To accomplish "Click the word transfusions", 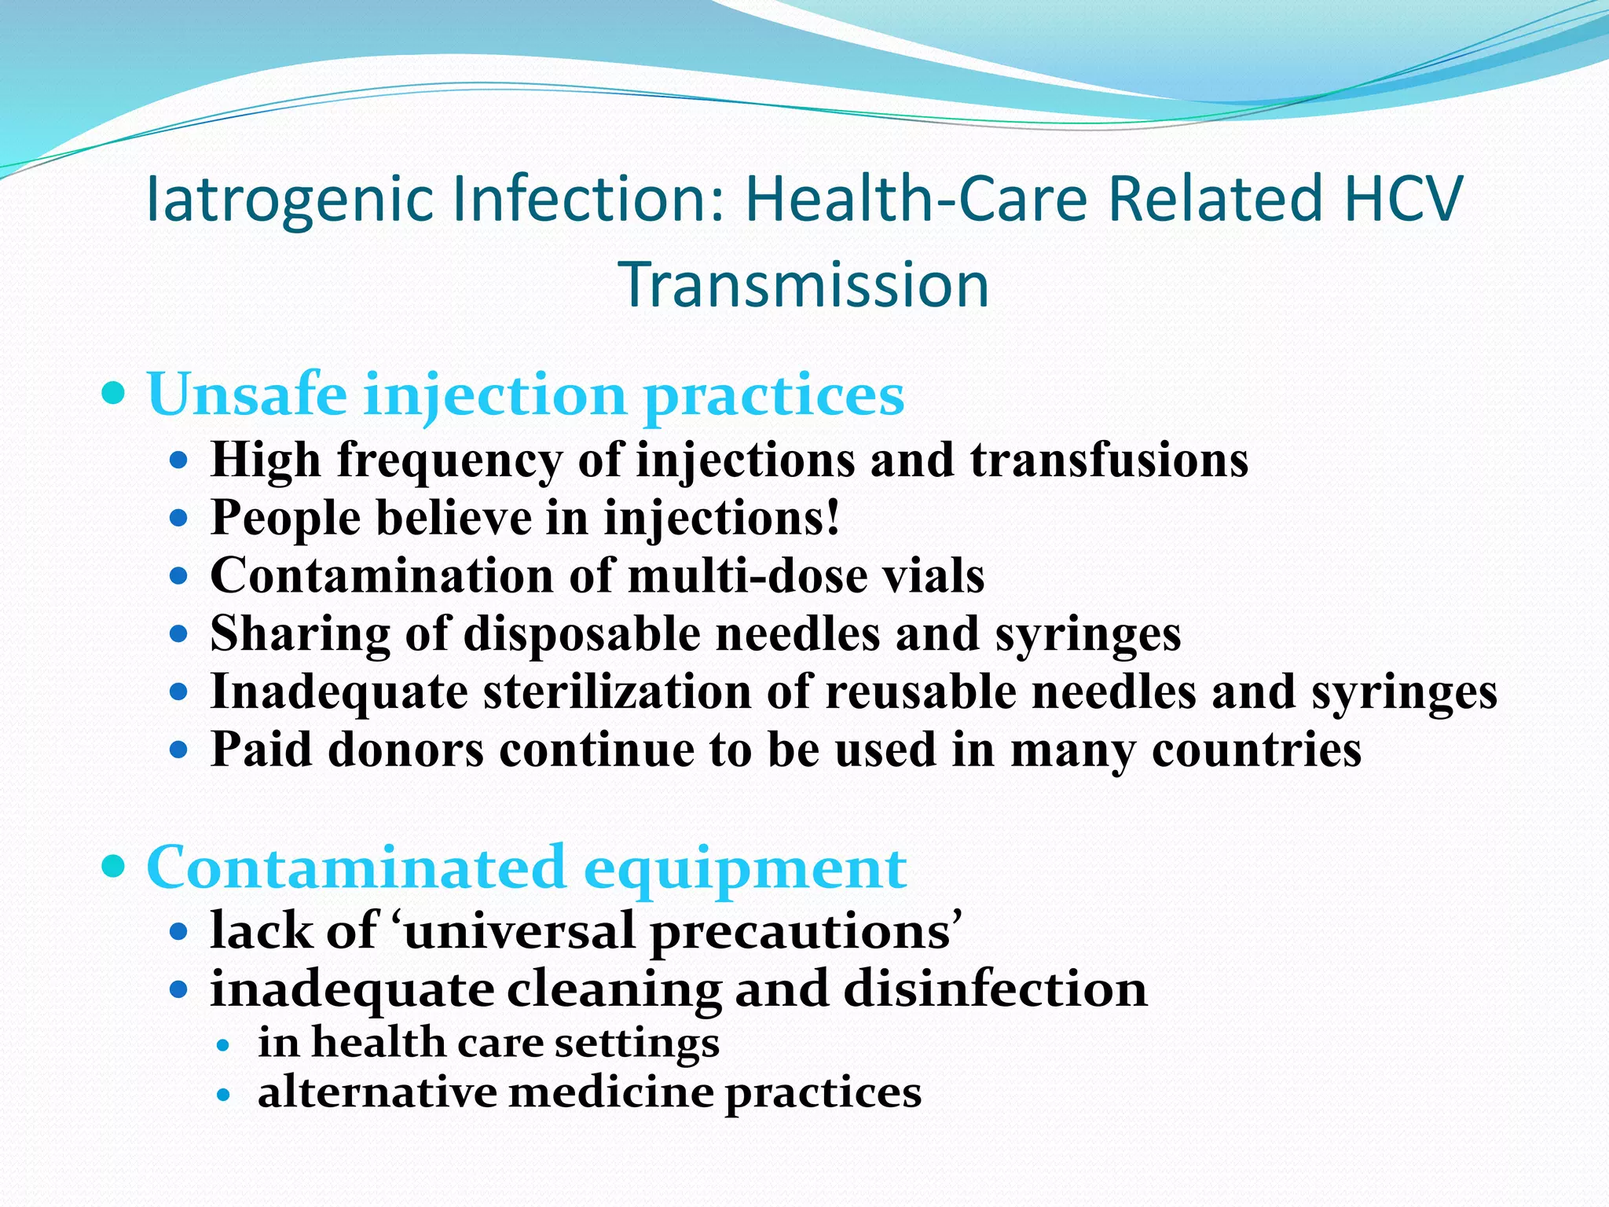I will pos(1109,460).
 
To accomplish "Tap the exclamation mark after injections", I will pos(833,517).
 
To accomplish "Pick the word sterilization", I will pos(617,692).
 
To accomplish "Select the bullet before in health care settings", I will pos(225,1045).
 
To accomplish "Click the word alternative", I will pos(378,1093).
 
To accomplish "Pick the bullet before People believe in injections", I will pos(179,519).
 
